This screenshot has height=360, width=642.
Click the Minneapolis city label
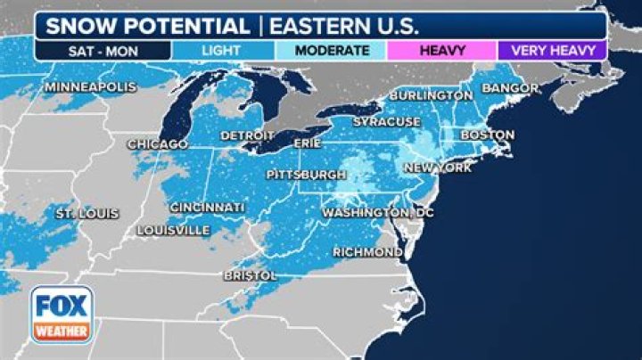(90, 87)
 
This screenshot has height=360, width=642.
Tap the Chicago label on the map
(158, 143)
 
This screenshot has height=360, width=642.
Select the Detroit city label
(248, 135)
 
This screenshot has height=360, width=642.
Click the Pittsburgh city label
(305, 174)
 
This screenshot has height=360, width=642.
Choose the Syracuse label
(386, 121)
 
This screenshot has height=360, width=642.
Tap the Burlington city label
(431, 95)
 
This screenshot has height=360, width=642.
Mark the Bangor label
(510, 88)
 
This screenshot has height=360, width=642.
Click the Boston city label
(487, 135)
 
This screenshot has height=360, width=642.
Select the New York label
(437, 168)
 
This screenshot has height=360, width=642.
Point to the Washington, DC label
(377, 213)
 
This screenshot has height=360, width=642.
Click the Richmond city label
(367, 252)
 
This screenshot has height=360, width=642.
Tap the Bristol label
(251, 276)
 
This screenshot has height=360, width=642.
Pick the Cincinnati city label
(207, 208)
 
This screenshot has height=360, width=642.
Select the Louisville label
(174, 230)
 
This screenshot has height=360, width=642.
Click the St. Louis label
(86, 215)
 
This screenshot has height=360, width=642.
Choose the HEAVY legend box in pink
(441, 50)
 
